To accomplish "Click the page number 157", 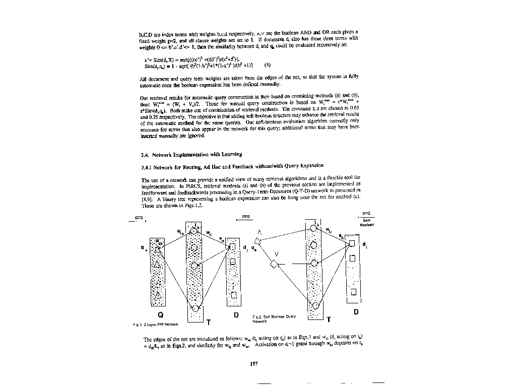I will [254, 364].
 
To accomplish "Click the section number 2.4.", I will [143, 154].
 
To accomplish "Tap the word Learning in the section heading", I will [230, 154].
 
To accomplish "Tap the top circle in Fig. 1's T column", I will [194, 232].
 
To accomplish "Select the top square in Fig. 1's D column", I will [233, 247].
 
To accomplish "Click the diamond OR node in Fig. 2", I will [274, 264].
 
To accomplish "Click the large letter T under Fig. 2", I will [329, 319].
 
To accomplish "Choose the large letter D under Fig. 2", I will [355, 312].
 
